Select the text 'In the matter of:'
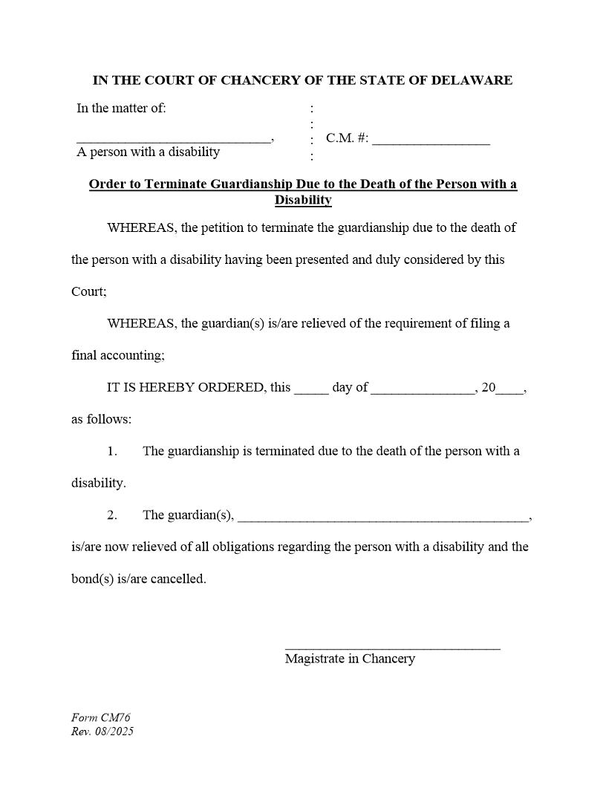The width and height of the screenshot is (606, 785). [x=121, y=109]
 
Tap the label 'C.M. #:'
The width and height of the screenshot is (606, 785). [x=347, y=138]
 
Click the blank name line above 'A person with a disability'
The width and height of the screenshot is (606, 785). [x=173, y=140]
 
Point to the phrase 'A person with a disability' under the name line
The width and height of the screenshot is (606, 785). [x=149, y=152]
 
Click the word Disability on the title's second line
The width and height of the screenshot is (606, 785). [x=303, y=200]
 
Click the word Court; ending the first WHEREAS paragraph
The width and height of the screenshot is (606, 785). [x=89, y=292]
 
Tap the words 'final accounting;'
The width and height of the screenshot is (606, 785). [x=118, y=356]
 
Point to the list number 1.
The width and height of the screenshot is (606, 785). [x=112, y=451]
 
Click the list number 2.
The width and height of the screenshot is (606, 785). [x=112, y=515]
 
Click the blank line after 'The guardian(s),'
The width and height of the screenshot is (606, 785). [x=382, y=518]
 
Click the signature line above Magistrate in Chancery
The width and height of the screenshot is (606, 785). [x=392, y=647]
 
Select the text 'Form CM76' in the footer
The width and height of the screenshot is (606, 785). [x=101, y=718]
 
